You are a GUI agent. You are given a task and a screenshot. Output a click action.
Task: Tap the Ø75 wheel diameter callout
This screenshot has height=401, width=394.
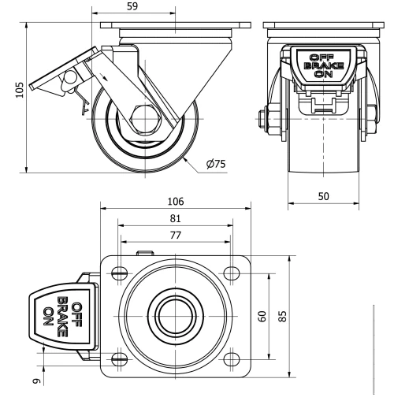pos(215,164)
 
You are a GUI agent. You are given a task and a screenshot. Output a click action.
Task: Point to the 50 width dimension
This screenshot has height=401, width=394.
pos(323,195)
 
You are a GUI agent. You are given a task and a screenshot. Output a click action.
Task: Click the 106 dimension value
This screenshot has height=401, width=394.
pos(176,202)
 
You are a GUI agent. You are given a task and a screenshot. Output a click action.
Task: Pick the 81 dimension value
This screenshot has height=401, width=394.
pos(176,218)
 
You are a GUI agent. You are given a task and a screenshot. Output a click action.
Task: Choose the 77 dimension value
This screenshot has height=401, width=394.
pos(176,235)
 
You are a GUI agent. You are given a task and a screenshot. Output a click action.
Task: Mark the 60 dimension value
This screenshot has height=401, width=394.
pos(262,316)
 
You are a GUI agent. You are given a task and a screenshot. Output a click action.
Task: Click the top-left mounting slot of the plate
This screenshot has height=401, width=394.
pos(120,273)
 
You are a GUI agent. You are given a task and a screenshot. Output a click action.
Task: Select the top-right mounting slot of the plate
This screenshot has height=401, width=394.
pos(231,273)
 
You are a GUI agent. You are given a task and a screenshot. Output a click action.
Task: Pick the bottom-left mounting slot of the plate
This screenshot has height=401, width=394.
pos(120,359)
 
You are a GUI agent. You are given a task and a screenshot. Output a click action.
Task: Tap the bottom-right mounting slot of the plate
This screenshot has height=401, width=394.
pos(231,359)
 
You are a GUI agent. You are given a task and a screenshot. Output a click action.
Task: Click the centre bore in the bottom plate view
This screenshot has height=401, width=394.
pos(176,317)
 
